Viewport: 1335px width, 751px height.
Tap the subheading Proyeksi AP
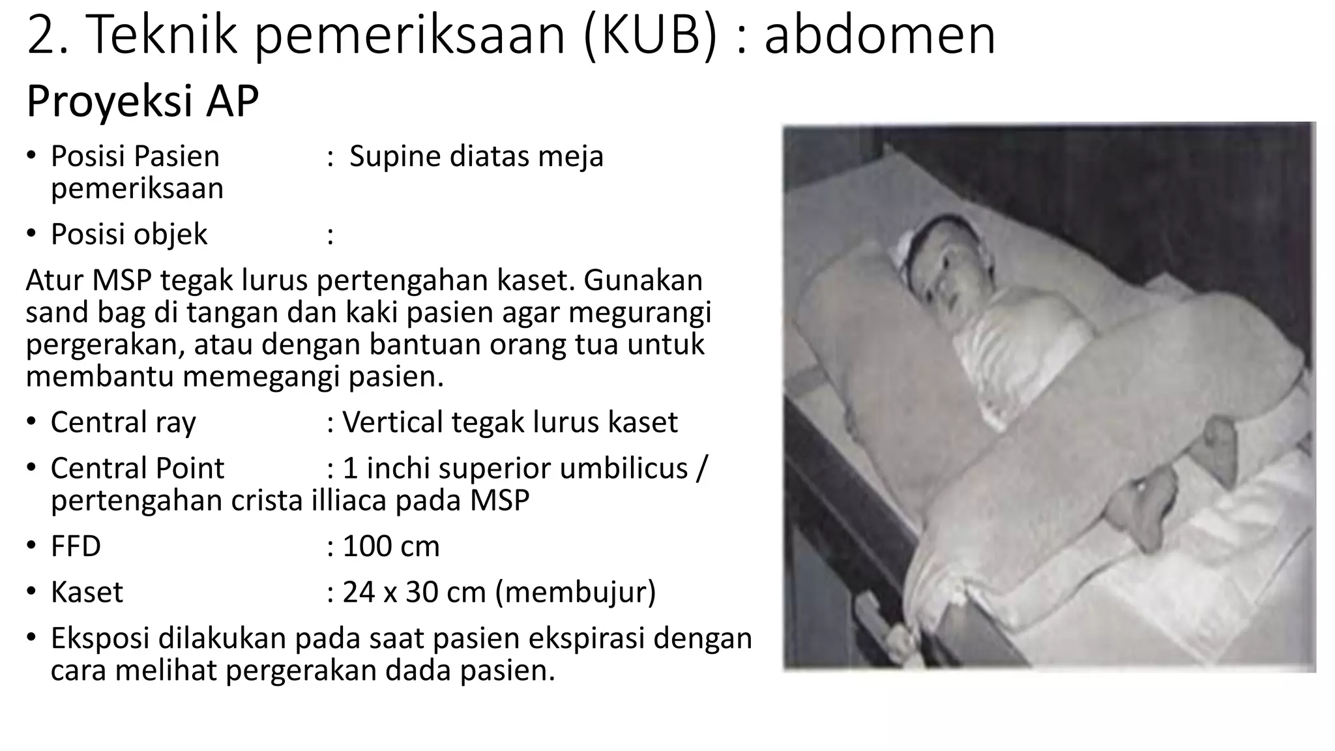(142, 101)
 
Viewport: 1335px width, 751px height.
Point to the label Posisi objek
(129, 235)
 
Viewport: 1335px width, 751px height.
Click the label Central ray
(123, 422)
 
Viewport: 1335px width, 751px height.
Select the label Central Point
(137, 469)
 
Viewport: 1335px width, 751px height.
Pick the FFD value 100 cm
(391, 546)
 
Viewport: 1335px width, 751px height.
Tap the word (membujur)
(576, 593)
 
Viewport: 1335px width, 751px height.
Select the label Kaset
(87, 593)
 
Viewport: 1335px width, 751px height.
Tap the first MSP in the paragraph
(122, 281)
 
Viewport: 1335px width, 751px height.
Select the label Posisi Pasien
(135, 156)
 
